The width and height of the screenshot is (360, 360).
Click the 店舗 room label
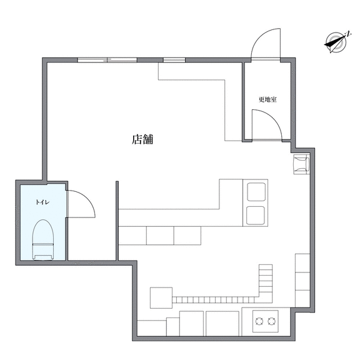(142, 139)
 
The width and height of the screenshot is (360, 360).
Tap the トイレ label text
(42, 202)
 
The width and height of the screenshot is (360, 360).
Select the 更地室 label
(267, 99)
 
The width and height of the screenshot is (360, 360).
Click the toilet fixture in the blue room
(43, 240)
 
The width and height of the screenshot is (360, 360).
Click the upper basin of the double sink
(256, 192)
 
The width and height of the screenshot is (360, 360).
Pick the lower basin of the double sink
(256, 216)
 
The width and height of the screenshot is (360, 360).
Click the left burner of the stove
(259, 321)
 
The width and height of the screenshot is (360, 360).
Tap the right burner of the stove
(271, 321)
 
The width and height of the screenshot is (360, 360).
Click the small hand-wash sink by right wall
(301, 164)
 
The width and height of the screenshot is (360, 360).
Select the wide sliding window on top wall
(107, 60)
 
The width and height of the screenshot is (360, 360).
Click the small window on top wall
(174, 60)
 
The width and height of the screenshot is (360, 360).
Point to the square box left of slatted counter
(161, 297)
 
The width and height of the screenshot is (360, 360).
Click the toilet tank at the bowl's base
(43, 257)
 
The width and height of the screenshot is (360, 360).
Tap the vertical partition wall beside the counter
(117, 221)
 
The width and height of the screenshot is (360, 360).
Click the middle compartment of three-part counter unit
(160, 236)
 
